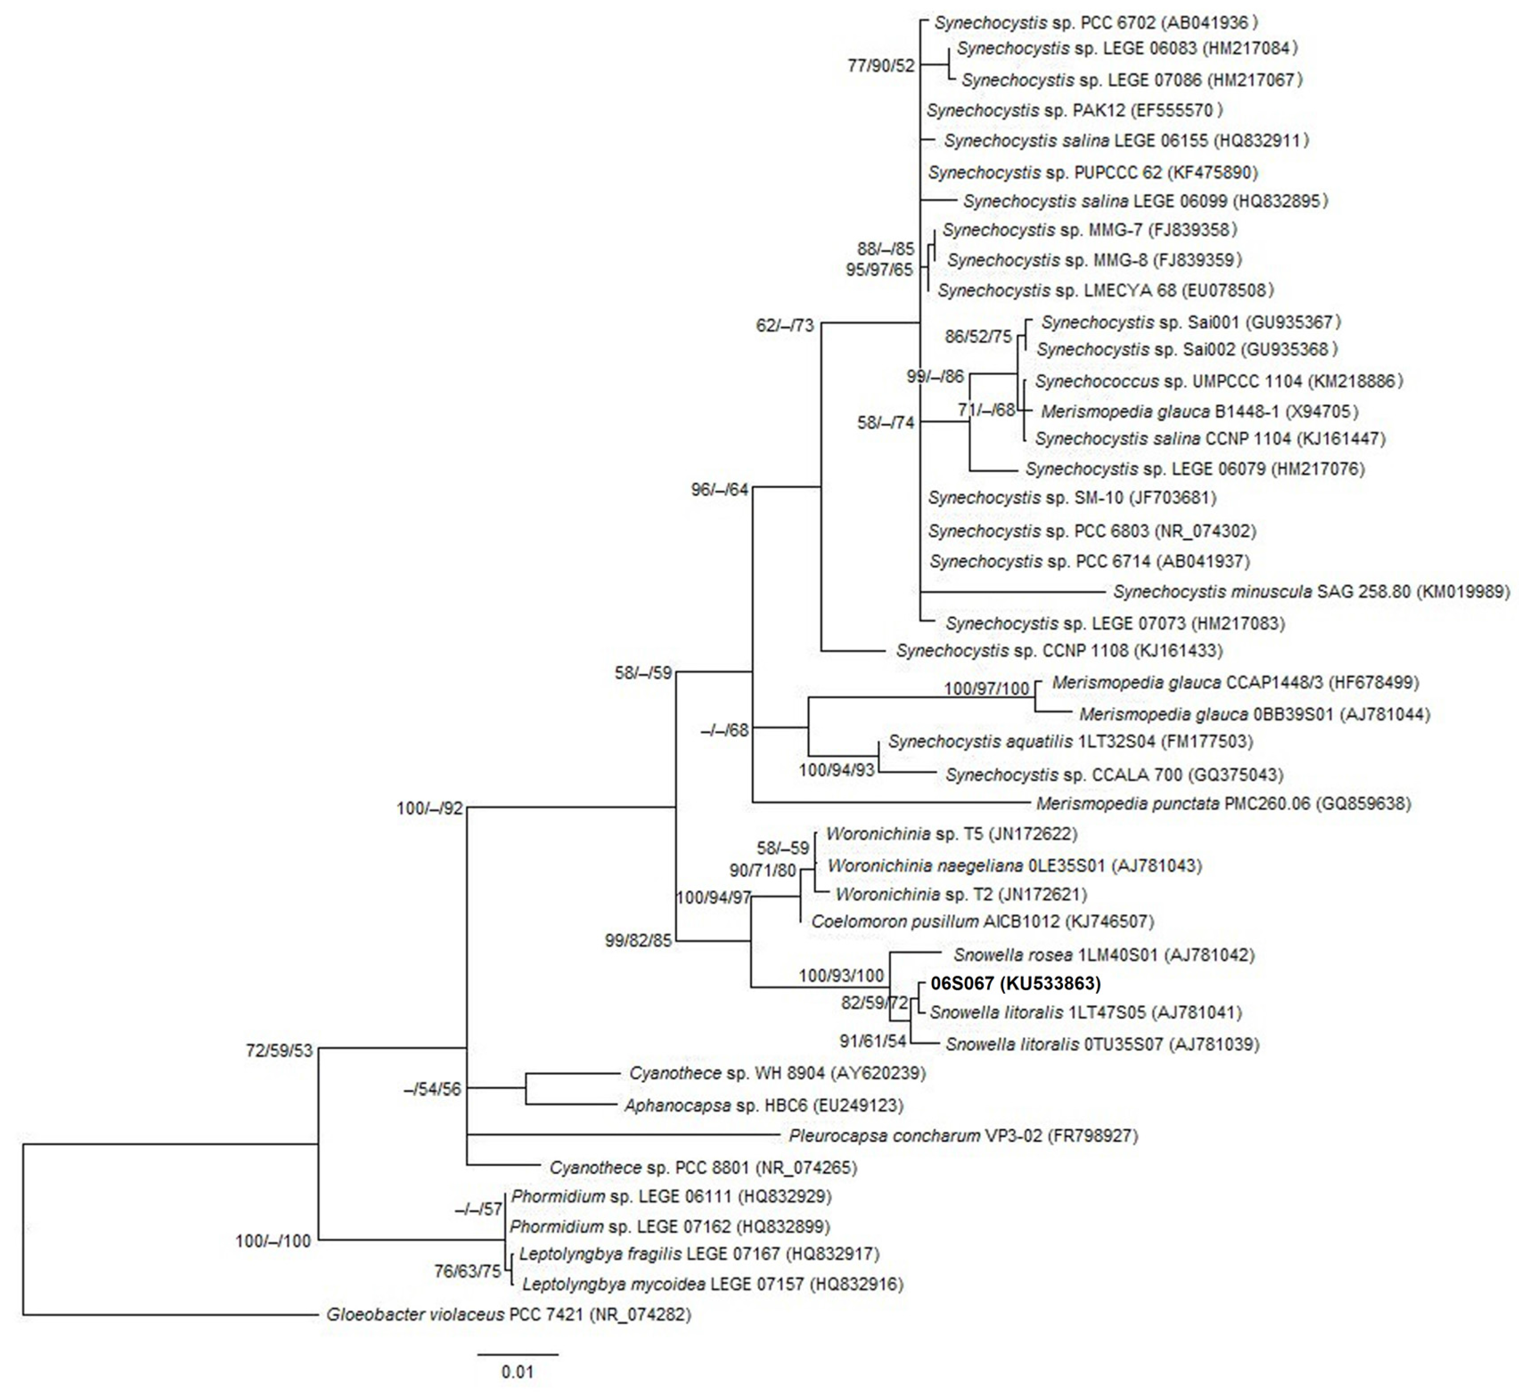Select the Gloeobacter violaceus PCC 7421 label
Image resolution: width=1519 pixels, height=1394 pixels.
pyautogui.click(x=508, y=1315)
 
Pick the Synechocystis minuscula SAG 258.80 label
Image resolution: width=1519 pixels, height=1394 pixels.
pyautogui.click(x=1311, y=592)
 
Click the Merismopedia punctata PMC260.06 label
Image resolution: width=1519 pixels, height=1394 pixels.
pyautogui.click(x=1222, y=804)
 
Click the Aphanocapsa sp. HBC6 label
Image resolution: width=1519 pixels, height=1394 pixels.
pyautogui.click(x=763, y=1106)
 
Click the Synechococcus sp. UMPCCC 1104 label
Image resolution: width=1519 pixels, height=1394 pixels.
pyautogui.click(x=1218, y=382)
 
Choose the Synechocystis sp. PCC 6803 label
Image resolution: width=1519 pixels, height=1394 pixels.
pyautogui.click(x=1091, y=531)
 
